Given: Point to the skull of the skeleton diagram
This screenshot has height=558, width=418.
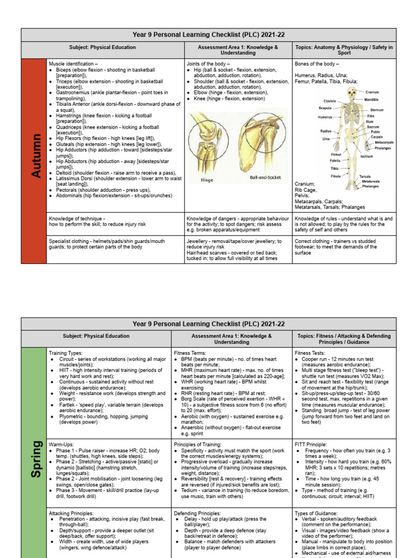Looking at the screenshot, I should (352, 94).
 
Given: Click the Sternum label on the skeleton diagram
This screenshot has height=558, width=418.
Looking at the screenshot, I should (377, 110).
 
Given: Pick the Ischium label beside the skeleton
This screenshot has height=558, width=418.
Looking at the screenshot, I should (366, 156).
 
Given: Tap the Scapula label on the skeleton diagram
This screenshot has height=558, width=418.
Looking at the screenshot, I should (325, 108).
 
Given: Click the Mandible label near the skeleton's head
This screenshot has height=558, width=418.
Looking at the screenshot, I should (372, 100).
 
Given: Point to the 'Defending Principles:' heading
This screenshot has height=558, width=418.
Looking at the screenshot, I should (199, 513).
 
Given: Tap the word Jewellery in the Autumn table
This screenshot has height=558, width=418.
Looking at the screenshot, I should (198, 241).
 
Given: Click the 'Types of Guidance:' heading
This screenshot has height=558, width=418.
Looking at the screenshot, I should (317, 513).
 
